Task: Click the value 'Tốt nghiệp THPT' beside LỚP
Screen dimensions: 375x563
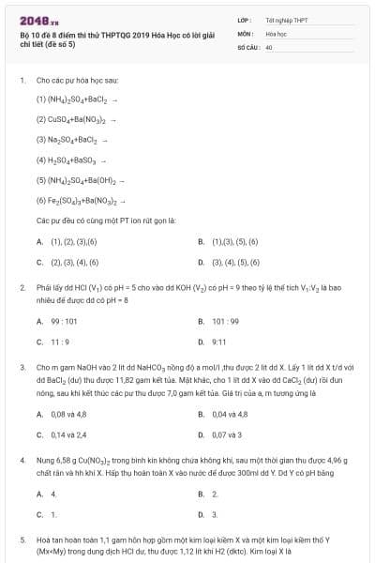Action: (x=286, y=20)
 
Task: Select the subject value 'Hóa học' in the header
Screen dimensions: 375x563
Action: (x=276, y=33)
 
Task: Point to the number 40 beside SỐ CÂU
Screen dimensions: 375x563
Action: (x=269, y=46)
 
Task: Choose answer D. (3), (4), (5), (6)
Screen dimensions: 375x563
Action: (x=235, y=262)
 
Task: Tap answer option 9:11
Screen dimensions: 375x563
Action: (x=219, y=342)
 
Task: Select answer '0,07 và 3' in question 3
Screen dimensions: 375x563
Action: (x=227, y=434)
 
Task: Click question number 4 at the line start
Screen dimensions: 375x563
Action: (x=22, y=461)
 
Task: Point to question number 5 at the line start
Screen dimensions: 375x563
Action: (x=22, y=540)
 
